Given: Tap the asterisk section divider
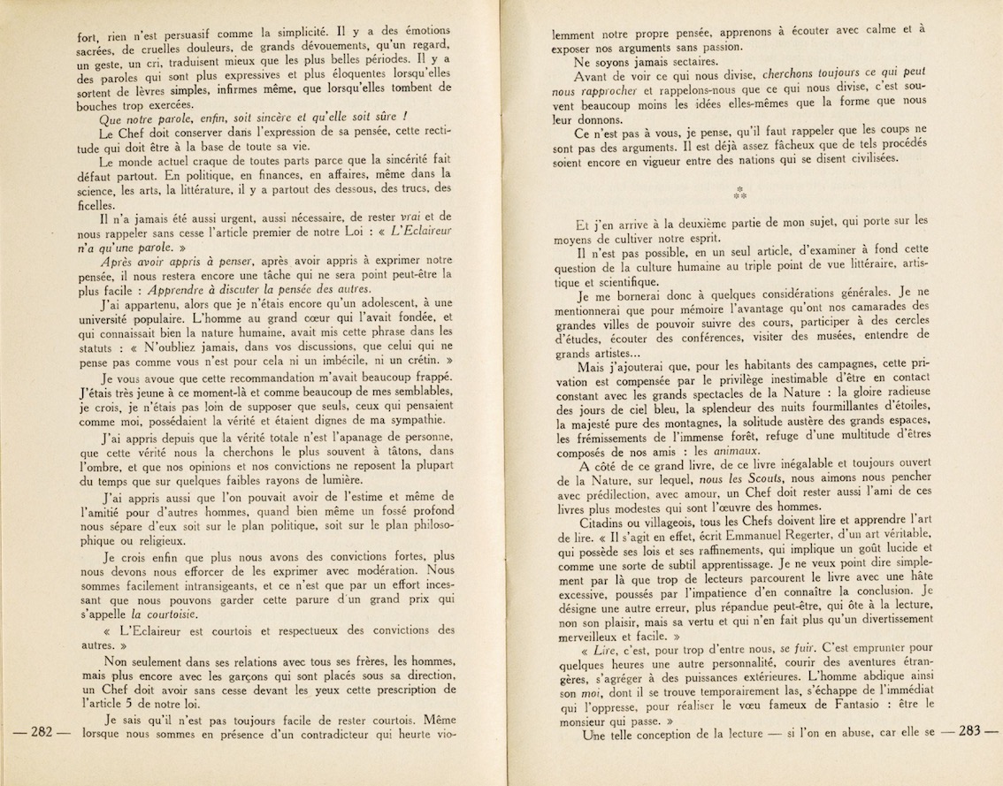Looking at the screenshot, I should coord(740,193).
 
